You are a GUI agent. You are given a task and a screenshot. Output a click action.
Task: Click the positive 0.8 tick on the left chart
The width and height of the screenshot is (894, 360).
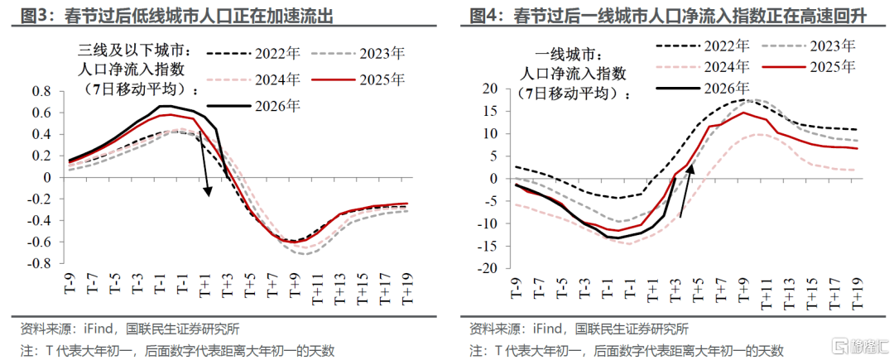coord(43,91)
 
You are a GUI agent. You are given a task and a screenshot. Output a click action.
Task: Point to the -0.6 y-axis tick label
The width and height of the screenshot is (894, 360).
coord(41,242)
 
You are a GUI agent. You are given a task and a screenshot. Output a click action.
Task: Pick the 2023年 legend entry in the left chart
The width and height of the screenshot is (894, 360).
coord(358,54)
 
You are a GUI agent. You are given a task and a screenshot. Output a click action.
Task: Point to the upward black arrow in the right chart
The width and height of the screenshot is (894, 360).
coord(686,191)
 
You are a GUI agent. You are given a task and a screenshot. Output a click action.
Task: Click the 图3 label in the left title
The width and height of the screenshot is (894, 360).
coord(31,16)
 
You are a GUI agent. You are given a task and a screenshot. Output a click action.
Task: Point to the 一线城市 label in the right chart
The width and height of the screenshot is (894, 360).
coord(570,55)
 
